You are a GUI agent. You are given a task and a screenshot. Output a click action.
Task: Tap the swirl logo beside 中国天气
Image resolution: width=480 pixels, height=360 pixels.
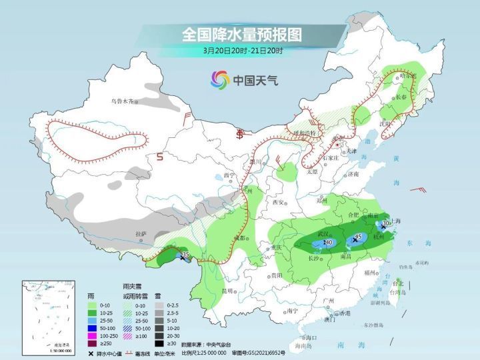tap(219, 81)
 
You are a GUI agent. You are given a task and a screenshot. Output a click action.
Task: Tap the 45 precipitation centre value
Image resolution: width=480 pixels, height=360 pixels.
tap(359, 237)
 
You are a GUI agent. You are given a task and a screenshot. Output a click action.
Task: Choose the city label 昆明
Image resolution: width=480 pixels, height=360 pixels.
tap(227, 291)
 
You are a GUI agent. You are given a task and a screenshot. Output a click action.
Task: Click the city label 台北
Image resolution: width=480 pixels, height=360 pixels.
tap(399, 283)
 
